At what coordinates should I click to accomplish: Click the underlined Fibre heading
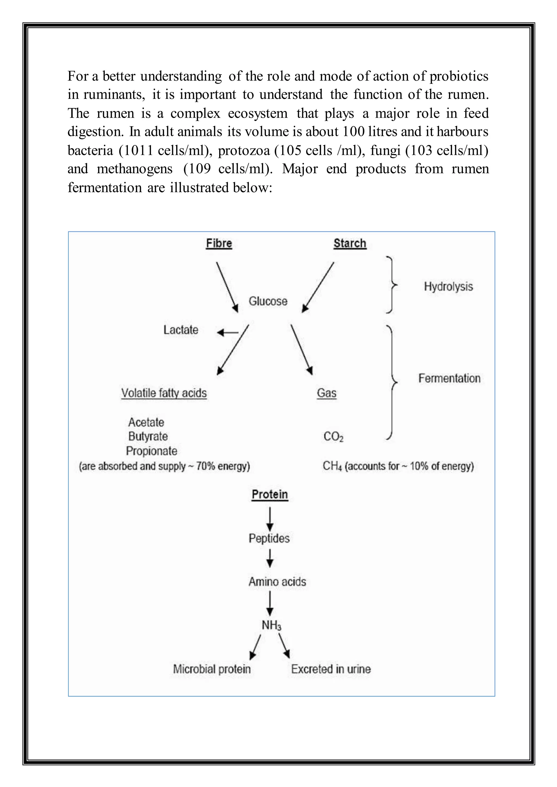tap(219, 243)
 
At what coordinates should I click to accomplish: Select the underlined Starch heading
tap(350, 243)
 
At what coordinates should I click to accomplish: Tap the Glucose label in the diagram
tap(268, 301)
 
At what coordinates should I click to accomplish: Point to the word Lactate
tap(181, 330)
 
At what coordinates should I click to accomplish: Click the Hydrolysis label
tap(448, 286)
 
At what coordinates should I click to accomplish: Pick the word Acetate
tap(146, 422)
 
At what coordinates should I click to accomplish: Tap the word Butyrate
tap(148, 436)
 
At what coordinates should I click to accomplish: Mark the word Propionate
tap(151, 451)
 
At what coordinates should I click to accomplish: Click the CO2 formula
tap(333, 437)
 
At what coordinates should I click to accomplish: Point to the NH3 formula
tap(271, 625)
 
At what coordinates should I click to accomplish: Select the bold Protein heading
tap(270, 494)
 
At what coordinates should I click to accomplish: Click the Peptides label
tap(269, 538)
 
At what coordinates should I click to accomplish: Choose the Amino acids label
tap(277, 582)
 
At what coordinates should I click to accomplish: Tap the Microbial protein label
tap(212, 669)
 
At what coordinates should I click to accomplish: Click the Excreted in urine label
tap(331, 669)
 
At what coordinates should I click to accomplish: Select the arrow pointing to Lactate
tap(228, 332)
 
